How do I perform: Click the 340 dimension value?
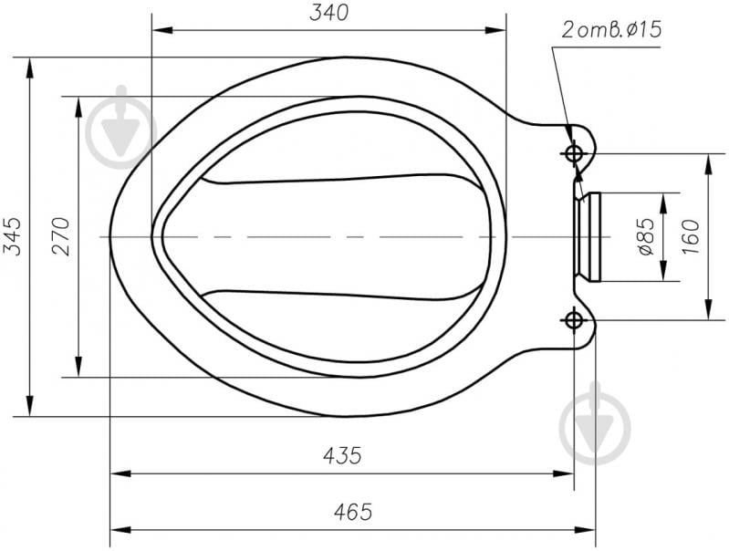(x=328, y=13)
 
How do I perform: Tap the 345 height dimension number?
(x=13, y=236)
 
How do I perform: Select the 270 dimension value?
(x=61, y=236)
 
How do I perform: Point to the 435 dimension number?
(x=342, y=456)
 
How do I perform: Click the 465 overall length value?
(x=353, y=512)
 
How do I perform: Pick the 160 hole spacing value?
(x=691, y=236)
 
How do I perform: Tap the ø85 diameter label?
(x=646, y=236)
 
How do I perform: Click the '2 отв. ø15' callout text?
(x=611, y=30)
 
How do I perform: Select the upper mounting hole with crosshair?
(x=574, y=153)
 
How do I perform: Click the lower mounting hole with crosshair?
(x=574, y=320)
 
